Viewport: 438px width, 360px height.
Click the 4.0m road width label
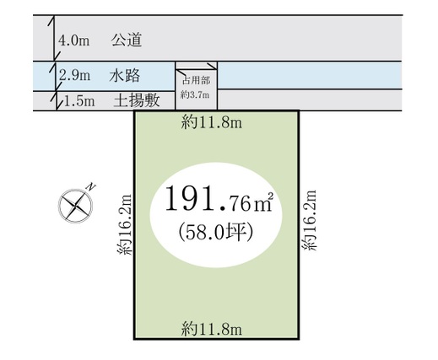click(74, 40)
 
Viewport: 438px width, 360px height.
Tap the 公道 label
click(127, 40)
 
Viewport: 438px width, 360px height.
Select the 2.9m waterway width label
click(75, 76)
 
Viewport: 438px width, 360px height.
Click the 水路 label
click(125, 76)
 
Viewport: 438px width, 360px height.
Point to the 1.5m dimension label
click(79, 101)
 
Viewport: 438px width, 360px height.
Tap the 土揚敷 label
click(137, 100)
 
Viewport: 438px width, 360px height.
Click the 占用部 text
click(197, 81)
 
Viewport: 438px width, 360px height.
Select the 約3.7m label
click(195, 95)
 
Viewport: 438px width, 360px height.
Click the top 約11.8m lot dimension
click(212, 122)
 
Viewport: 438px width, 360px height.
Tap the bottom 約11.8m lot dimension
click(212, 329)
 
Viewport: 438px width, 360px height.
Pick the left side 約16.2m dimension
click(124, 224)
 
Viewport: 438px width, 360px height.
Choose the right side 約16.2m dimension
click(310, 220)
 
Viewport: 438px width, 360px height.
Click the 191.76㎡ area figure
click(219, 200)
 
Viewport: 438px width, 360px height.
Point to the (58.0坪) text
click(216, 233)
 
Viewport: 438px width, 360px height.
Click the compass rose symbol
click(75, 207)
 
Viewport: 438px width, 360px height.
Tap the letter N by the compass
click(91, 187)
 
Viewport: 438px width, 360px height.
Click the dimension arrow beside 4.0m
click(54, 38)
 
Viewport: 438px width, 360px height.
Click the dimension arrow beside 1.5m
click(57, 100)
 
